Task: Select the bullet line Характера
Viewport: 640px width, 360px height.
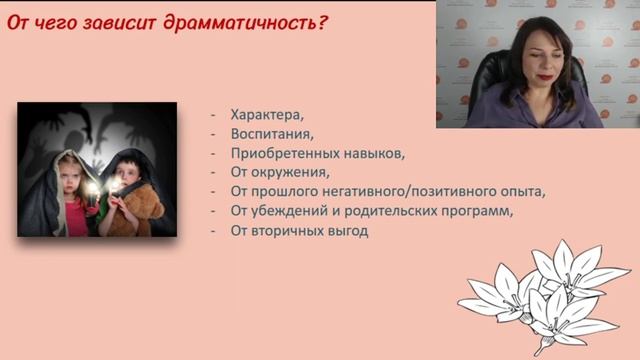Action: coord(266,113)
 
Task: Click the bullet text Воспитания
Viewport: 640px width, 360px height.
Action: coord(271,133)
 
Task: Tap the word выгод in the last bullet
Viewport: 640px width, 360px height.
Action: coord(350,231)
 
